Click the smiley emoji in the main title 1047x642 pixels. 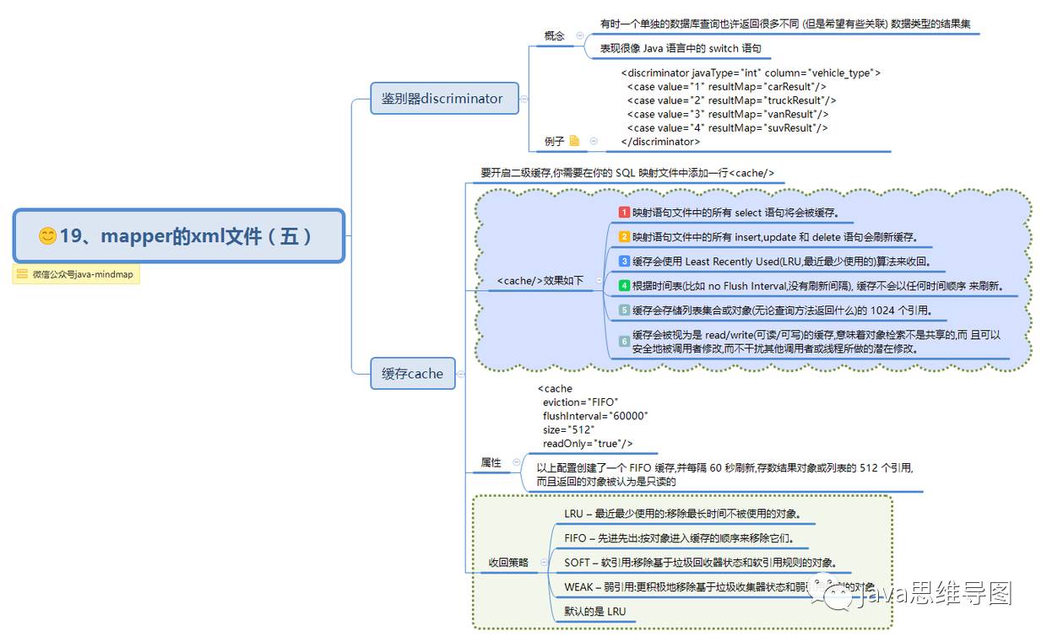(x=48, y=236)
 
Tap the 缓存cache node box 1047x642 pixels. (x=412, y=373)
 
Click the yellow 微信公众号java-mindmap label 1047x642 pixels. (x=76, y=274)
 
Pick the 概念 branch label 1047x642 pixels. (x=555, y=36)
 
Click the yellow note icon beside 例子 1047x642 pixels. (x=575, y=141)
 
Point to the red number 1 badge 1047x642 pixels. (x=624, y=213)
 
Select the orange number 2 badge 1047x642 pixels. (x=624, y=237)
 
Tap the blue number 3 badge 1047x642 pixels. (x=624, y=262)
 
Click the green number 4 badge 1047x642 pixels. (x=624, y=286)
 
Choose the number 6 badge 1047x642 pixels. (x=624, y=342)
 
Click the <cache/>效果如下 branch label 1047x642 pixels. (x=540, y=281)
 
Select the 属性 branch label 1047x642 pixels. (x=491, y=462)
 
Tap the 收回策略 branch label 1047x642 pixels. (x=508, y=562)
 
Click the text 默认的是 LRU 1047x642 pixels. (x=595, y=612)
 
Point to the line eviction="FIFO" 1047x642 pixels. (x=580, y=402)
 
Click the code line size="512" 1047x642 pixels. (x=568, y=429)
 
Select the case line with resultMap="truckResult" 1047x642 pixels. (x=731, y=100)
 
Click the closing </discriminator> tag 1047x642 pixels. (x=659, y=142)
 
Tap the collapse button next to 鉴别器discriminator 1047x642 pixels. (x=524, y=99)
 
